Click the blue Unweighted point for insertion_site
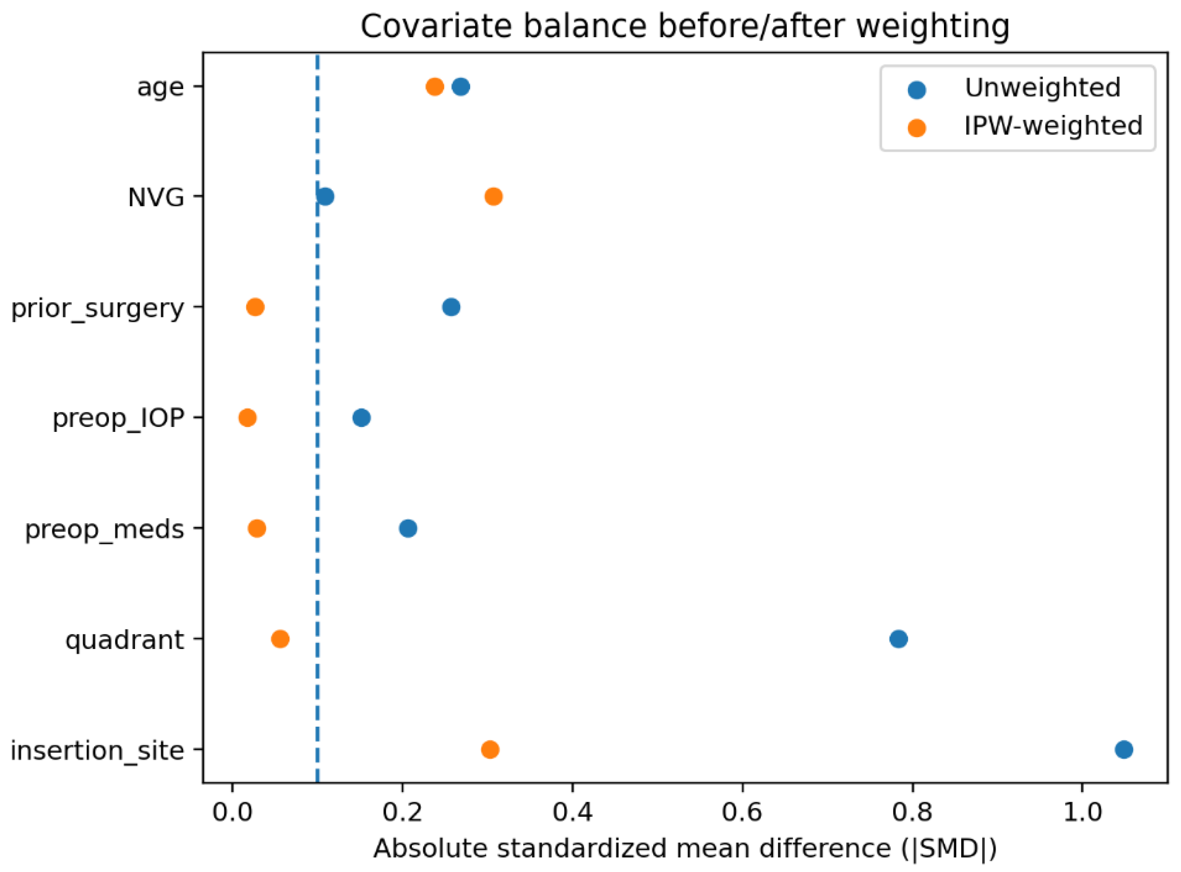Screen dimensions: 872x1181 [1123, 749]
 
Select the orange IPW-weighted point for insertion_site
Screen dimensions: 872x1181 [490, 749]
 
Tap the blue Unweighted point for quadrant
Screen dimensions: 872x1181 [898, 639]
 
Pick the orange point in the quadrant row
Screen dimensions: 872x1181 [280, 639]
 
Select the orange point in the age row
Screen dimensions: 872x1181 [435, 87]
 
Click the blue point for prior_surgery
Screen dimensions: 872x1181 [452, 307]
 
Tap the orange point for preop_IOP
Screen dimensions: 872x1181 [248, 418]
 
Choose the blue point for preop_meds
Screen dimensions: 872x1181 [408, 528]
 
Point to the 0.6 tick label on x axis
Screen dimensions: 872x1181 [742, 812]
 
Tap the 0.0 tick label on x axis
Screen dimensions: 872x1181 [232, 812]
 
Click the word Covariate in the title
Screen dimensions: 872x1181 [436, 26]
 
